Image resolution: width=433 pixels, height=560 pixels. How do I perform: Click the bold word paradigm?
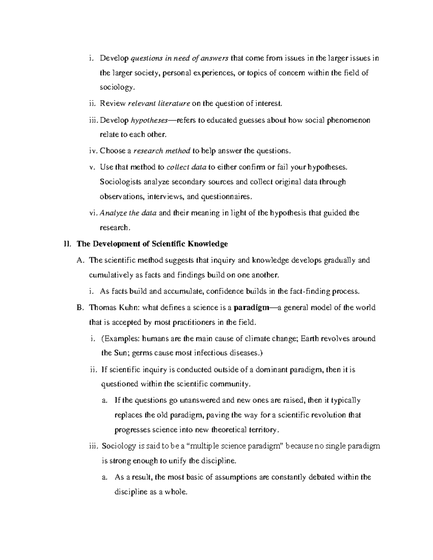[x=251, y=308]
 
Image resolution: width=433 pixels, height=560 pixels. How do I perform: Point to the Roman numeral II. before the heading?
[x=66, y=244]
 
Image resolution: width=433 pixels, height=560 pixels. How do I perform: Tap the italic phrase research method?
[x=162, y=151]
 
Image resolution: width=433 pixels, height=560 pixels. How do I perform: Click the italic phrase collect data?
[x=187, y=167]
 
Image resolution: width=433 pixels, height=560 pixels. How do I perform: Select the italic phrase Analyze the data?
[x=128, y=213]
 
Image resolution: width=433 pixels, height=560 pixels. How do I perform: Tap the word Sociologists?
[x=120, y=182]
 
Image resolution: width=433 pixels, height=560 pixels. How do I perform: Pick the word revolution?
[x=328, y=415]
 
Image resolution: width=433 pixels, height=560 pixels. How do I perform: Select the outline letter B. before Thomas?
[x=80, y=308]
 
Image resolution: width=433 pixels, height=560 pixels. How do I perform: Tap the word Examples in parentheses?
[x=122, y=339]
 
